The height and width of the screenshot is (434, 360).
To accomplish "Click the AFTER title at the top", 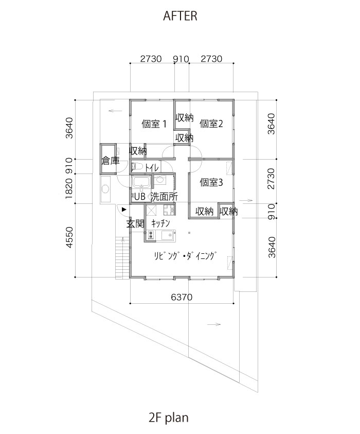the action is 180,16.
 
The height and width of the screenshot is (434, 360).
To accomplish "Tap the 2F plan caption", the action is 169,417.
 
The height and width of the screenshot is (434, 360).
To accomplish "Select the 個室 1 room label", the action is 154,124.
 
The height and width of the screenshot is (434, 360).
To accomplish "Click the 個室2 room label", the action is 211,124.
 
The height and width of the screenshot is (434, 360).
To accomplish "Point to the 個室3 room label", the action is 211,182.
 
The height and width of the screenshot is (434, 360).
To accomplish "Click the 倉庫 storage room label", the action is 111,161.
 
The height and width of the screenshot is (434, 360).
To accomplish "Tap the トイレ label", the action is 152,168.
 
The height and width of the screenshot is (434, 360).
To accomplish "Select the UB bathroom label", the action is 140,197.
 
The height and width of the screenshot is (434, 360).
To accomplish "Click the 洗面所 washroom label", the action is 164,197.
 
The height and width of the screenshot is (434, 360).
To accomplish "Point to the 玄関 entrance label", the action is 135,223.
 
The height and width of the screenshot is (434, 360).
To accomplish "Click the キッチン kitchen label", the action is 160,223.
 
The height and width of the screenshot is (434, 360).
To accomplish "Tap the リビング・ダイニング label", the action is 185,256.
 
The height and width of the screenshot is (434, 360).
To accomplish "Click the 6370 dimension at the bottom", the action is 182,297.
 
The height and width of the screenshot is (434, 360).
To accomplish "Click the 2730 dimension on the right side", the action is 272,179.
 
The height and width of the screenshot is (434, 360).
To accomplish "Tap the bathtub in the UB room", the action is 141,183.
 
